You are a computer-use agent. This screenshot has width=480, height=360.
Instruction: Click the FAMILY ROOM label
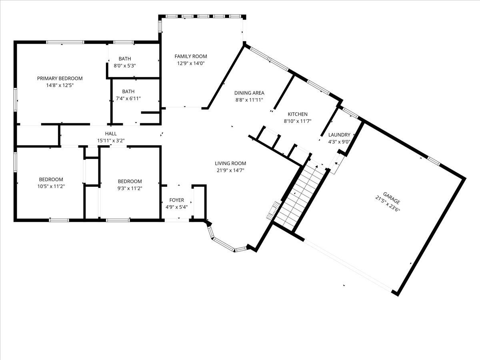coord(191,56)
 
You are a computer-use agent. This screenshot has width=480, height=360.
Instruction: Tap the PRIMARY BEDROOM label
coord(60,78)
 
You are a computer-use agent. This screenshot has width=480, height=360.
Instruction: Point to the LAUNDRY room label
coord(339,135)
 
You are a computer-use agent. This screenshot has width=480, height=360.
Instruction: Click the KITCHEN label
coord(296,114)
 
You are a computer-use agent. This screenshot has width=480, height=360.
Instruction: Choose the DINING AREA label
coord(249,93)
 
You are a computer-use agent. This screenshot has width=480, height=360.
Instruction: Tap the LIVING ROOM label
coord(230,163)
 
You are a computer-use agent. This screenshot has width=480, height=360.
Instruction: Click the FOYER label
coord(177,200)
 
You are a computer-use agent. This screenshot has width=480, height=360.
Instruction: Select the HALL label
coord(111,134)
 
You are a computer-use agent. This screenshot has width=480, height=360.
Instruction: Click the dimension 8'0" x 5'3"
coord(124,66)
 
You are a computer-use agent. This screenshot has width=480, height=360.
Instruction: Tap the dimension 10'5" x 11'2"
coord(51,186)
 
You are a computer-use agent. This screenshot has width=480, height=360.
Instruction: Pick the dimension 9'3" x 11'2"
coord(130,188)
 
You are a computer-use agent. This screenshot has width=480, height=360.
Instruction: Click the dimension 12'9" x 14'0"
coord(191,63)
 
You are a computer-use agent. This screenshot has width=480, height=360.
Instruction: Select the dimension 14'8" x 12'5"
coord(60,85)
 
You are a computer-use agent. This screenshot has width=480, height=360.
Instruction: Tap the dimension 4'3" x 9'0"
coord(339,141)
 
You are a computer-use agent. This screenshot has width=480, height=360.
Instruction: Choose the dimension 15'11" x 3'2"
coord(111,140)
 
